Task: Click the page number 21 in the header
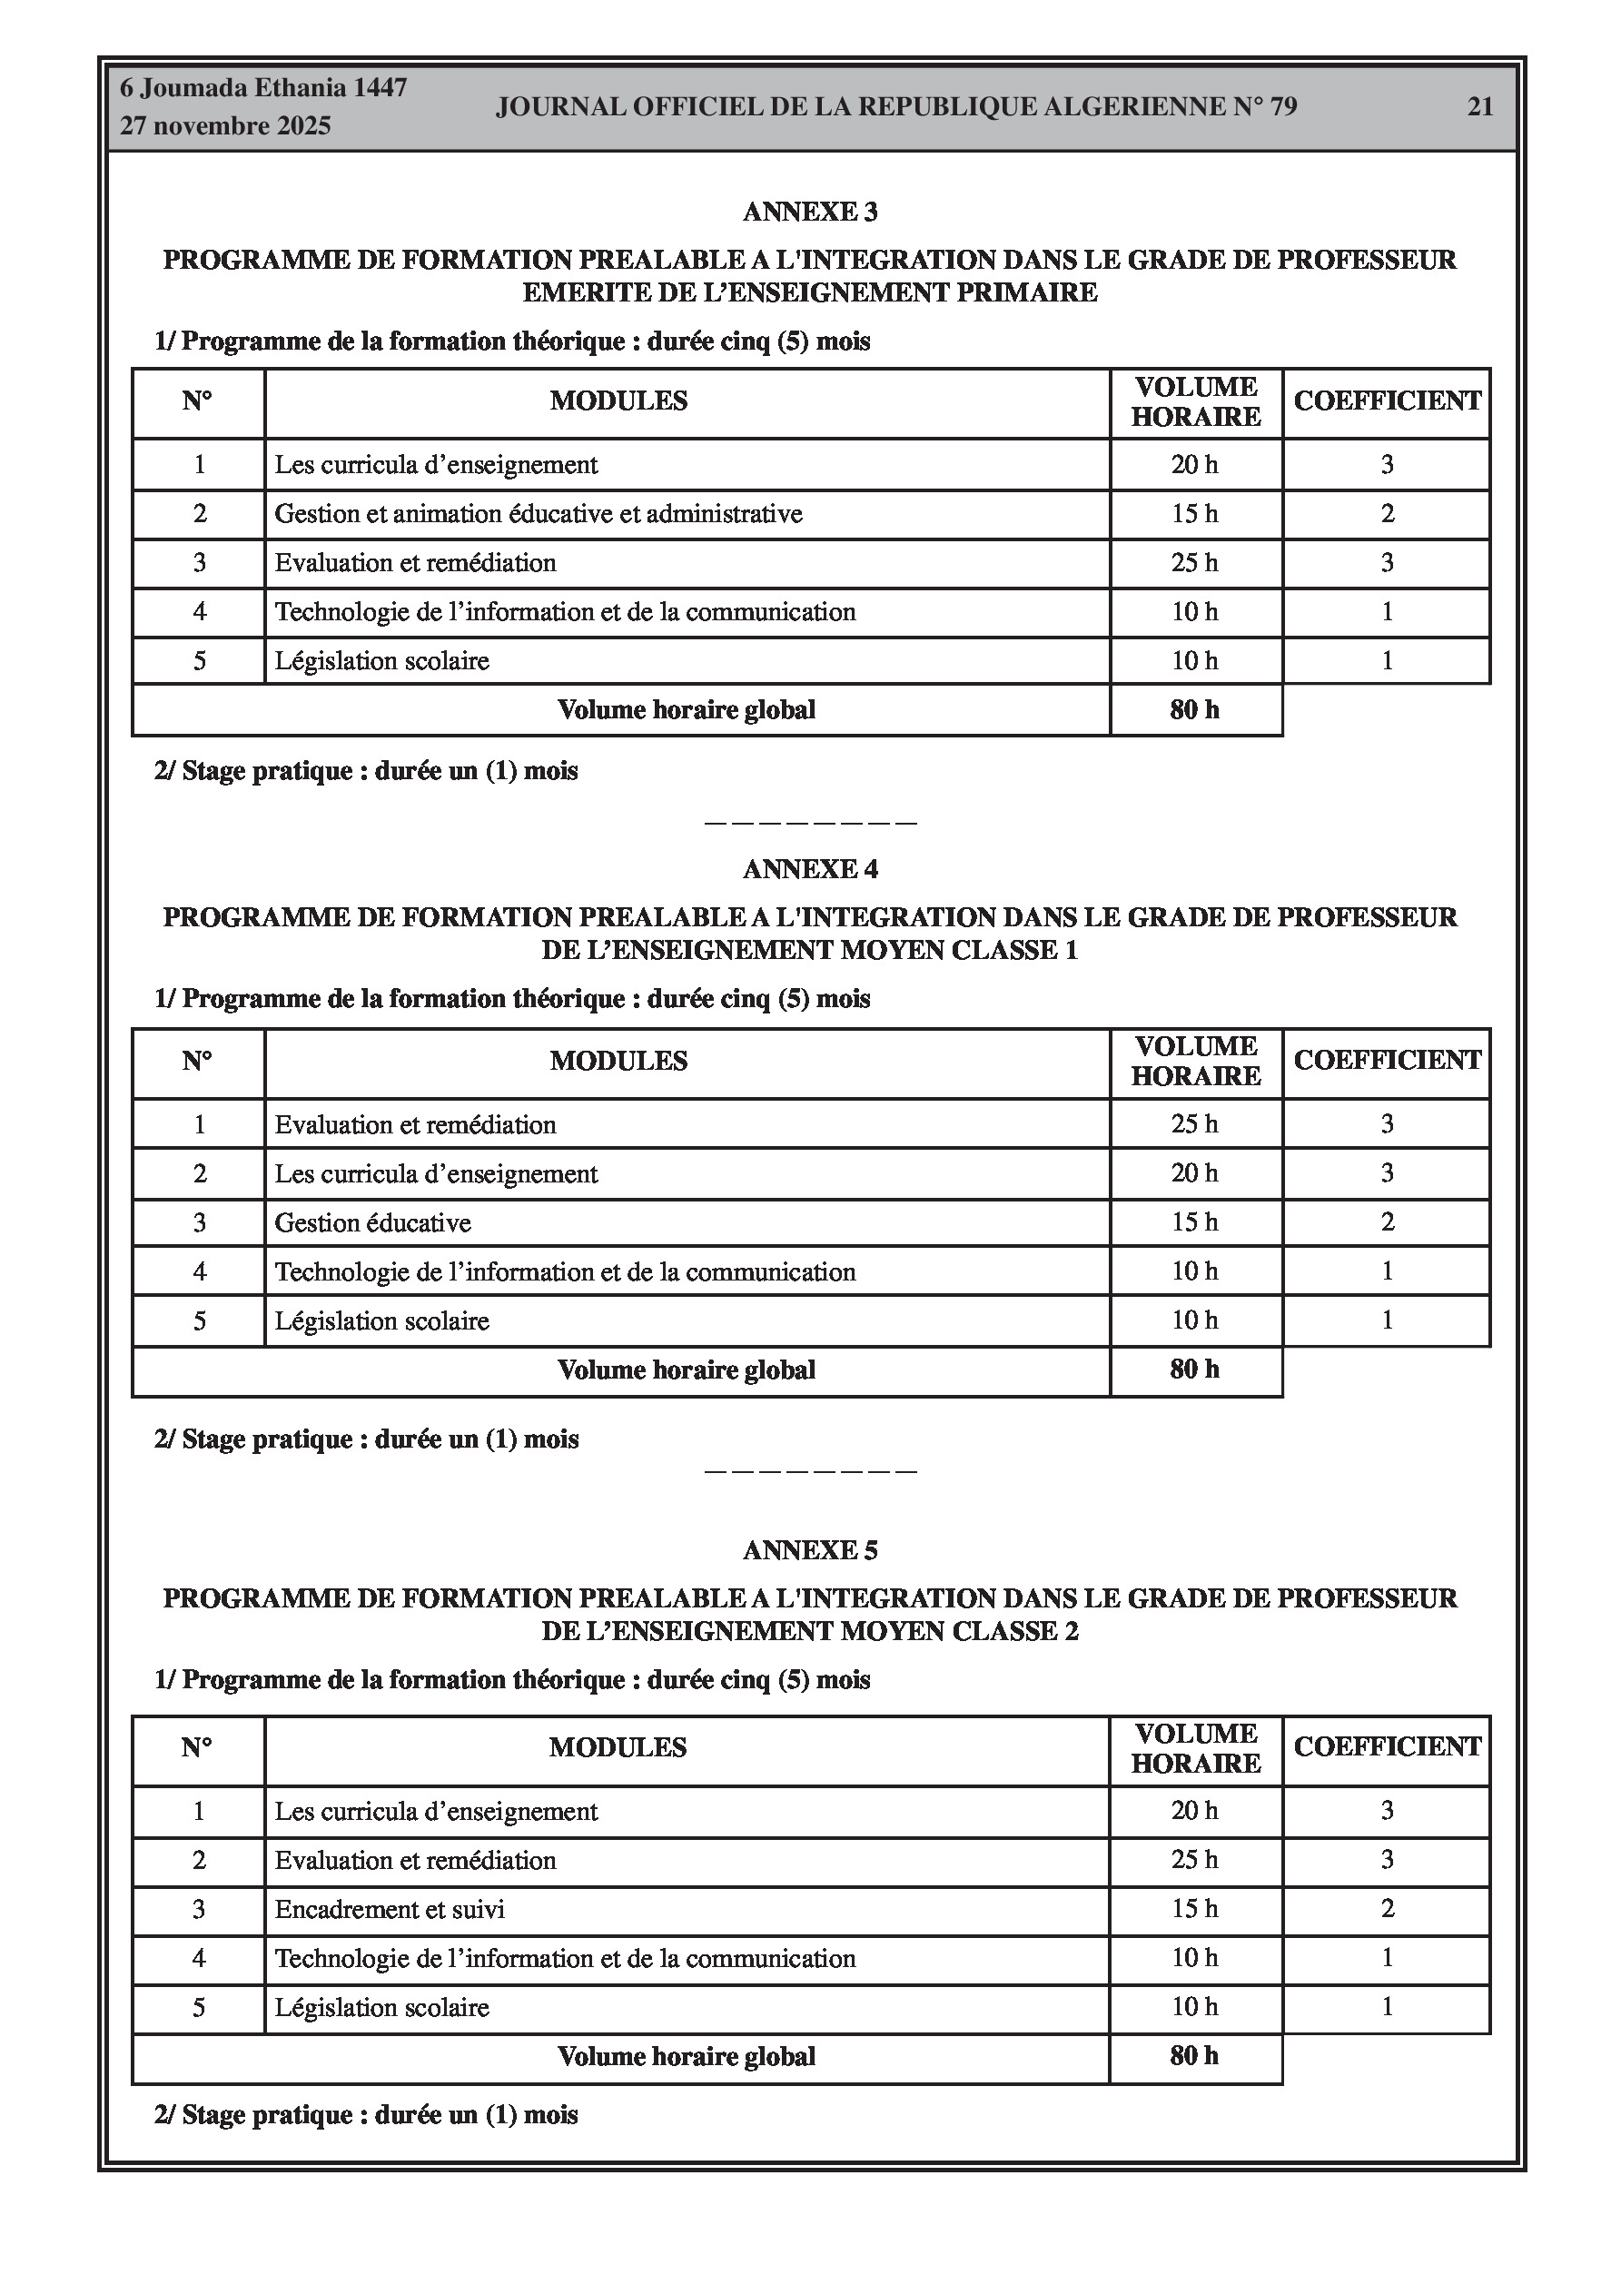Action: (1479, 107)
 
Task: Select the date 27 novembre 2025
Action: (225, 126)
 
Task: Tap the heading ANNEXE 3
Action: (809, 212)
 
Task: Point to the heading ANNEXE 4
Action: (809, 869)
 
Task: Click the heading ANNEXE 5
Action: (809, 1549)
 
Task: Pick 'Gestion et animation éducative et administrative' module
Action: (538, 515)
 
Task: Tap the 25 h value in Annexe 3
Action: (1194, 563)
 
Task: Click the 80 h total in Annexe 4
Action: (1194, 1369)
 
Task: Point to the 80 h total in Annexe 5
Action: (1194, 2056)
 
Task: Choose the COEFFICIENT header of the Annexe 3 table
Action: (1386, 401)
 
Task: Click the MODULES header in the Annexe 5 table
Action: (618, 1747)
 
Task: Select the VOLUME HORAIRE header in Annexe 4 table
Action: (1195, 1061)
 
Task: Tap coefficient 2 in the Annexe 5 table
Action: (1387, 1909)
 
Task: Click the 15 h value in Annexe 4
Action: (1194, 1223)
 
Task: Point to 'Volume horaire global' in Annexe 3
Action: (686, 710)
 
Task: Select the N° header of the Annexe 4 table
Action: (197, 1061)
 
